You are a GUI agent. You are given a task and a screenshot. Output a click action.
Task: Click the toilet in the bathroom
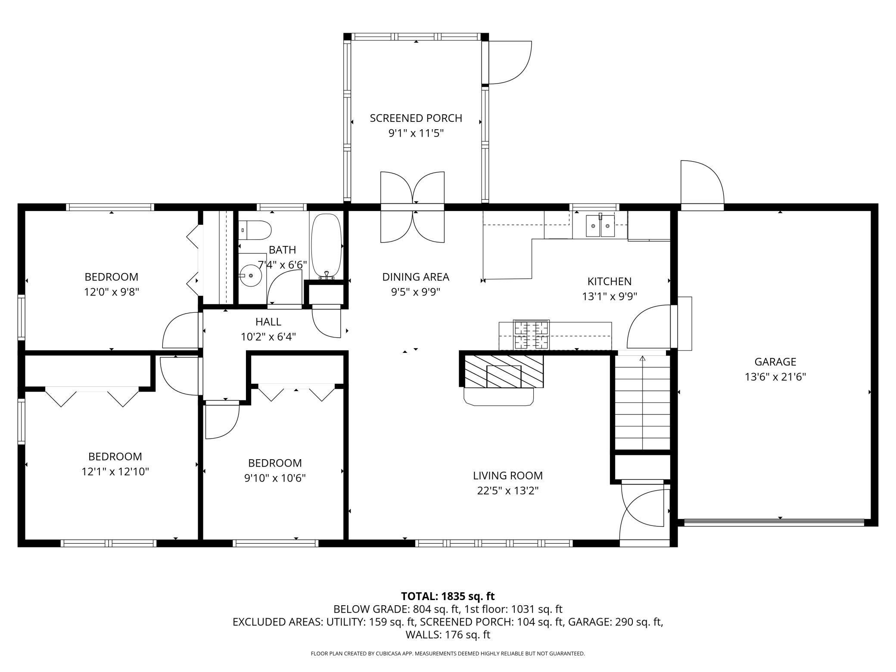tap(255, 230)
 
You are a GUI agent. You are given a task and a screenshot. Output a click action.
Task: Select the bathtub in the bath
tap(327, 246)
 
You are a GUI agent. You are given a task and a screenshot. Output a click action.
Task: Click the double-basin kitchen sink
tap(600, 226)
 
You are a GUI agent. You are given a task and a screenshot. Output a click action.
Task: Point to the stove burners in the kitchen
tap(532, 335)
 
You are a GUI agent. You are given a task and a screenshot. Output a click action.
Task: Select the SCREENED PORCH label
tap(416, 118)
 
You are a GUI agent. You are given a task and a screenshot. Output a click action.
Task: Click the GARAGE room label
tap(775, 362)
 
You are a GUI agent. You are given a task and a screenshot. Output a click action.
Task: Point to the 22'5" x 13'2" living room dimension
tap(508, 491)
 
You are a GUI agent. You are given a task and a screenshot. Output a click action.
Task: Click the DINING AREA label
tap(416, 277)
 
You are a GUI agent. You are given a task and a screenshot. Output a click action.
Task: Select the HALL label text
tap(268, 322)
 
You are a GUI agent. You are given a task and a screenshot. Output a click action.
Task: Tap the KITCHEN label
tap(609, 282)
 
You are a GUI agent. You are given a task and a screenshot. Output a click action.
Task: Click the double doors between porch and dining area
tap(412, 207)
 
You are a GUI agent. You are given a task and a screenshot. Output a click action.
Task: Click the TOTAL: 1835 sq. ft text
tap(448, 597)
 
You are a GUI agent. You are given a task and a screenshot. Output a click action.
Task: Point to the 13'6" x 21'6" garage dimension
tap(775, 377)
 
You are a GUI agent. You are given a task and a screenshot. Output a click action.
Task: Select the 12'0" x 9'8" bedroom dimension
tap(112, 292)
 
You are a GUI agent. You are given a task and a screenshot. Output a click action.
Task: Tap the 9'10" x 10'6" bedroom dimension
tap(275, 478)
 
